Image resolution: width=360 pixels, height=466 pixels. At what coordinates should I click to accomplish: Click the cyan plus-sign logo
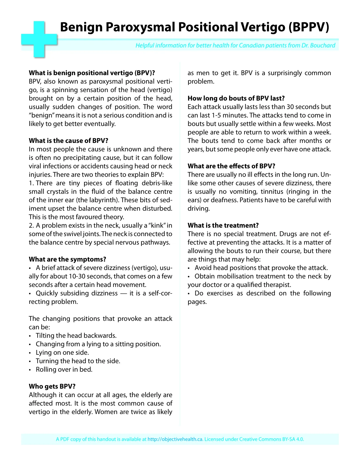(x=39, y=39)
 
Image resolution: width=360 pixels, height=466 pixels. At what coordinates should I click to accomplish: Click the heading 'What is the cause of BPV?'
(x=69, y=141)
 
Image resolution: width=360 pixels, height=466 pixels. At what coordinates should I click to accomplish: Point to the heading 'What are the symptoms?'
(x=67, y=259)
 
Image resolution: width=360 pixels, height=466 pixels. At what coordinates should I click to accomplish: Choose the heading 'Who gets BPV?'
(x=52, y=386)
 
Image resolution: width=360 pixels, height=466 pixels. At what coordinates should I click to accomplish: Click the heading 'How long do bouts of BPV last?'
(x=236, y=98)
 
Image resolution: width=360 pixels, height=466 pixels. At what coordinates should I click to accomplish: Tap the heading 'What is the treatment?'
(x=223, y=225)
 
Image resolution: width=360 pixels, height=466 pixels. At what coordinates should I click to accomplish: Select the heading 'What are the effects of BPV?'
(x=231, y=166)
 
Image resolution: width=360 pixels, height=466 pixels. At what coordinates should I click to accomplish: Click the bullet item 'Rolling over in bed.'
(x=64, y=369)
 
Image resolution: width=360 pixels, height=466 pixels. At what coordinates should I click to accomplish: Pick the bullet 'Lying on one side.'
(x=62, y=352)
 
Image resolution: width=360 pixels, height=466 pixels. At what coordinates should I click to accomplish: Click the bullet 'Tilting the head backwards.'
(x=76, y=336)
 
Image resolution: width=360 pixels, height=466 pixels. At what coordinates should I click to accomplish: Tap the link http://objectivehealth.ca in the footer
(x=175, y=439)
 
